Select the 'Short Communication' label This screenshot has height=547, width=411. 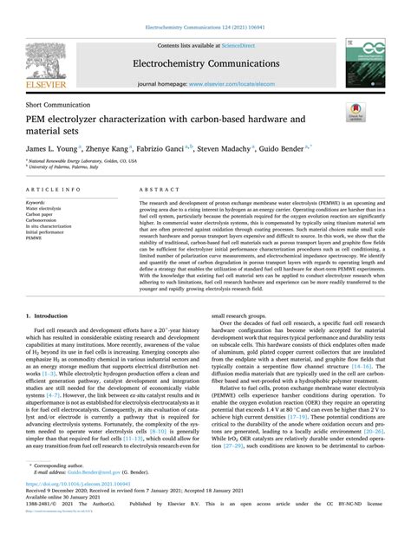(x=59, y=102)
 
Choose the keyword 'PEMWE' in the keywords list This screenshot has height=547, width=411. (x=37, y=239)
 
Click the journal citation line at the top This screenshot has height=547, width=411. (x=205, y=6)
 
